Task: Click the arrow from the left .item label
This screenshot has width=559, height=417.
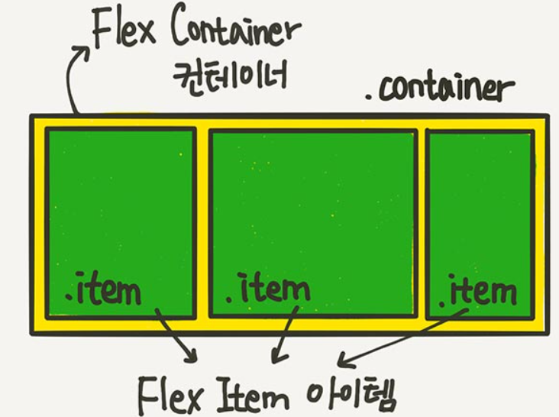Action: (176, 336)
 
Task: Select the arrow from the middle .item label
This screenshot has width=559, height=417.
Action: (283, 336)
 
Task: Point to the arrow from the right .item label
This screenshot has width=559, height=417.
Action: (397, 341)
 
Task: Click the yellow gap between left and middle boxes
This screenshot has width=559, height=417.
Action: (202, 221)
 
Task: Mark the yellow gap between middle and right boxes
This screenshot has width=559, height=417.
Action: (421, 221)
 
